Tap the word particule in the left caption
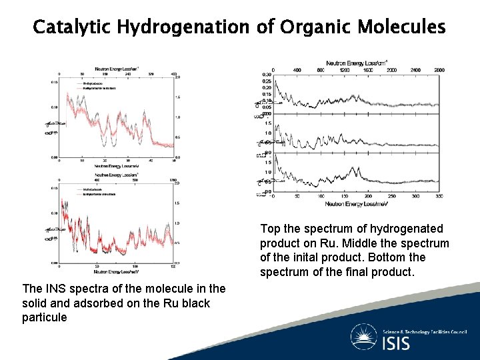pos(44,317)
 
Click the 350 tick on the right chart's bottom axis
pos(439,197)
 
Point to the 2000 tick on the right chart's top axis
pos(392,69)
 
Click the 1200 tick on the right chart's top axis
pos(344,69)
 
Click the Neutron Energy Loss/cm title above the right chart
pos(356,63)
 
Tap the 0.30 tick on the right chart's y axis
pos(267,75)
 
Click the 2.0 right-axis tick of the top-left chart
pos(177,77)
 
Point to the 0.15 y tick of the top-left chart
pos(54,82)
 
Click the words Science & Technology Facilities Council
pos(424,331)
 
